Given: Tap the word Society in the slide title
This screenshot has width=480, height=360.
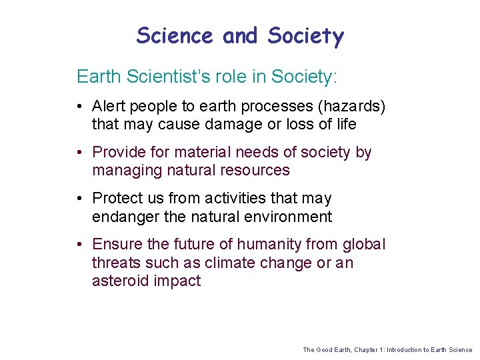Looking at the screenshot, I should pos(305,35).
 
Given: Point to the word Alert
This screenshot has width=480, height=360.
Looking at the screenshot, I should pos(109,107).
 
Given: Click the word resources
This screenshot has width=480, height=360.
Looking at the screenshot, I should pos(257,170).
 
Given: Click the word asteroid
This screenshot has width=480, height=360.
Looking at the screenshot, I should pos(120,281).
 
